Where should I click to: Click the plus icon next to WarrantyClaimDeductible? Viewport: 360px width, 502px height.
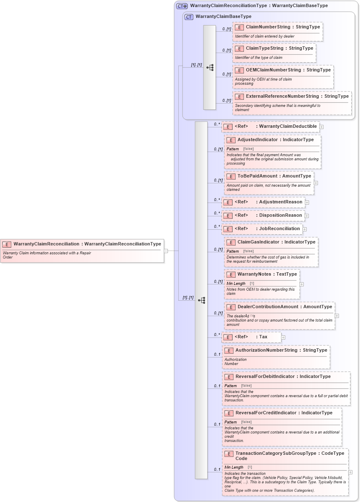coord(322,127)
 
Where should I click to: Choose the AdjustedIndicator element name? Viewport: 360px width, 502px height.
coord(258,140)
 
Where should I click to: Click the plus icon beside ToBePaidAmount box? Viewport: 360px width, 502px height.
coord(316,183)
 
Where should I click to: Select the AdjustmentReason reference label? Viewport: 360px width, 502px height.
coord(280,202)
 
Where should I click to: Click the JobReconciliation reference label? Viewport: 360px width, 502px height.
coord(279,229)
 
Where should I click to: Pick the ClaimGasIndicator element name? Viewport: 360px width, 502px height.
coord(258,242)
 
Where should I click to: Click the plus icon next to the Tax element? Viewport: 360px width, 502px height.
coord(283,337)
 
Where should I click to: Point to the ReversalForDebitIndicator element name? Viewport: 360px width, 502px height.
coord(265,377)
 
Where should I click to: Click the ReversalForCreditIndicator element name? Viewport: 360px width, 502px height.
coord(266,413)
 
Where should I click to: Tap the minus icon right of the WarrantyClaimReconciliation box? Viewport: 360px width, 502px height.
coord(166,251)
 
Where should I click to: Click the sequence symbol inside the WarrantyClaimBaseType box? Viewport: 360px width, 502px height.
coord(210,67)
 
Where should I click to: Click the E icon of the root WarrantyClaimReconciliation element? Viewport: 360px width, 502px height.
coord(7,244)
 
